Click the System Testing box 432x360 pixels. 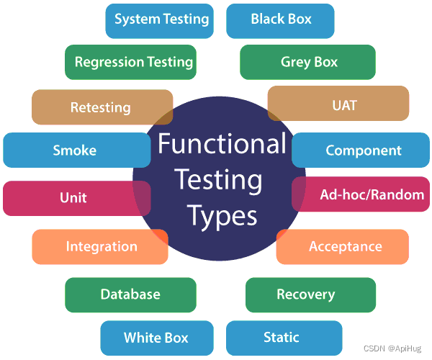click(161, 19)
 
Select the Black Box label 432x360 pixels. click(281, 19)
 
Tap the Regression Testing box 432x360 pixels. click(133, 62)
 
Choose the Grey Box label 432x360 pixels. click(308, 62)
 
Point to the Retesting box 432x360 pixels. click(101, 107)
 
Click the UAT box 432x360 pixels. click(344, 105)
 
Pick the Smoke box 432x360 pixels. click(75, 150)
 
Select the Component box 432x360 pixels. click(363, 150)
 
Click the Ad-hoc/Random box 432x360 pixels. click(372, 194)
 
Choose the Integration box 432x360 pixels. click(101, 246)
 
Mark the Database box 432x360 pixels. click(130, 294)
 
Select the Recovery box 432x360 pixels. click(305, 294)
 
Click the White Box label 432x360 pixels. click(156, 338)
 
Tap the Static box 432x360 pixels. click(282, 337)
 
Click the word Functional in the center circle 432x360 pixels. click(222, 144)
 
